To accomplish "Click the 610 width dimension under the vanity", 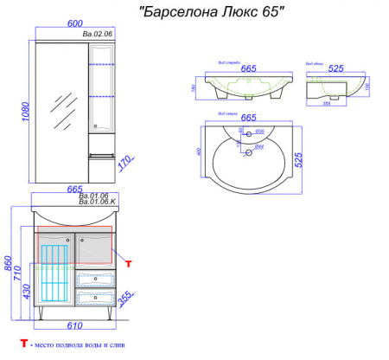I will click(73, 325).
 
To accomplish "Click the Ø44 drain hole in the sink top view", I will click(247, 153).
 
